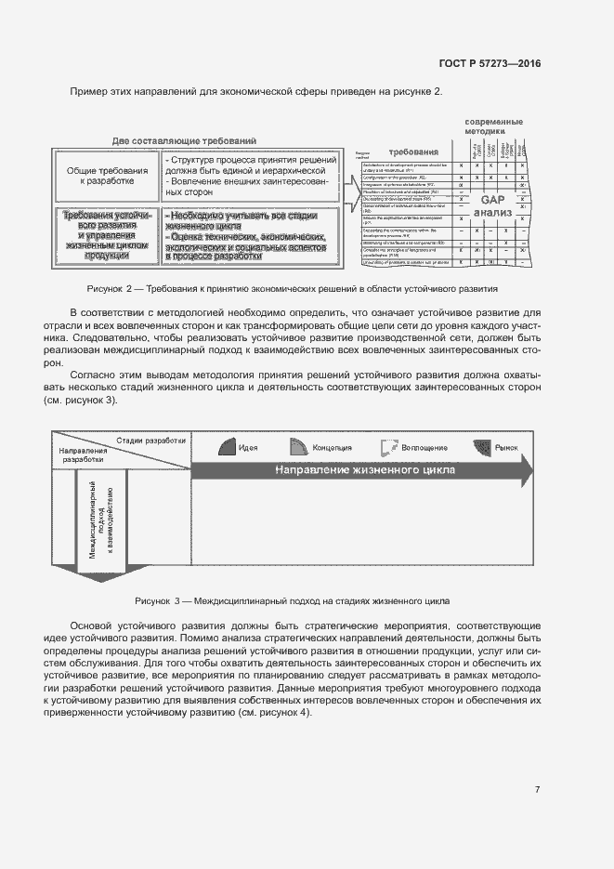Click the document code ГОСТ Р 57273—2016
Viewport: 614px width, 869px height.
[490, 64]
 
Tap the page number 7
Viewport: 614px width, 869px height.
[537, 790]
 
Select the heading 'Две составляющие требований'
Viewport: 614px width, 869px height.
[184, 140]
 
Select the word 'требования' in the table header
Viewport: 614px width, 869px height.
[413, 151]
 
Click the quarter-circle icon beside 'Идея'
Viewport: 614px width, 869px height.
[227, 447]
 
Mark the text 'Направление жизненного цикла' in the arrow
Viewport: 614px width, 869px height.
[364, 470]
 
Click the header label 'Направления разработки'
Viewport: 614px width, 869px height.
[84, 454]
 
